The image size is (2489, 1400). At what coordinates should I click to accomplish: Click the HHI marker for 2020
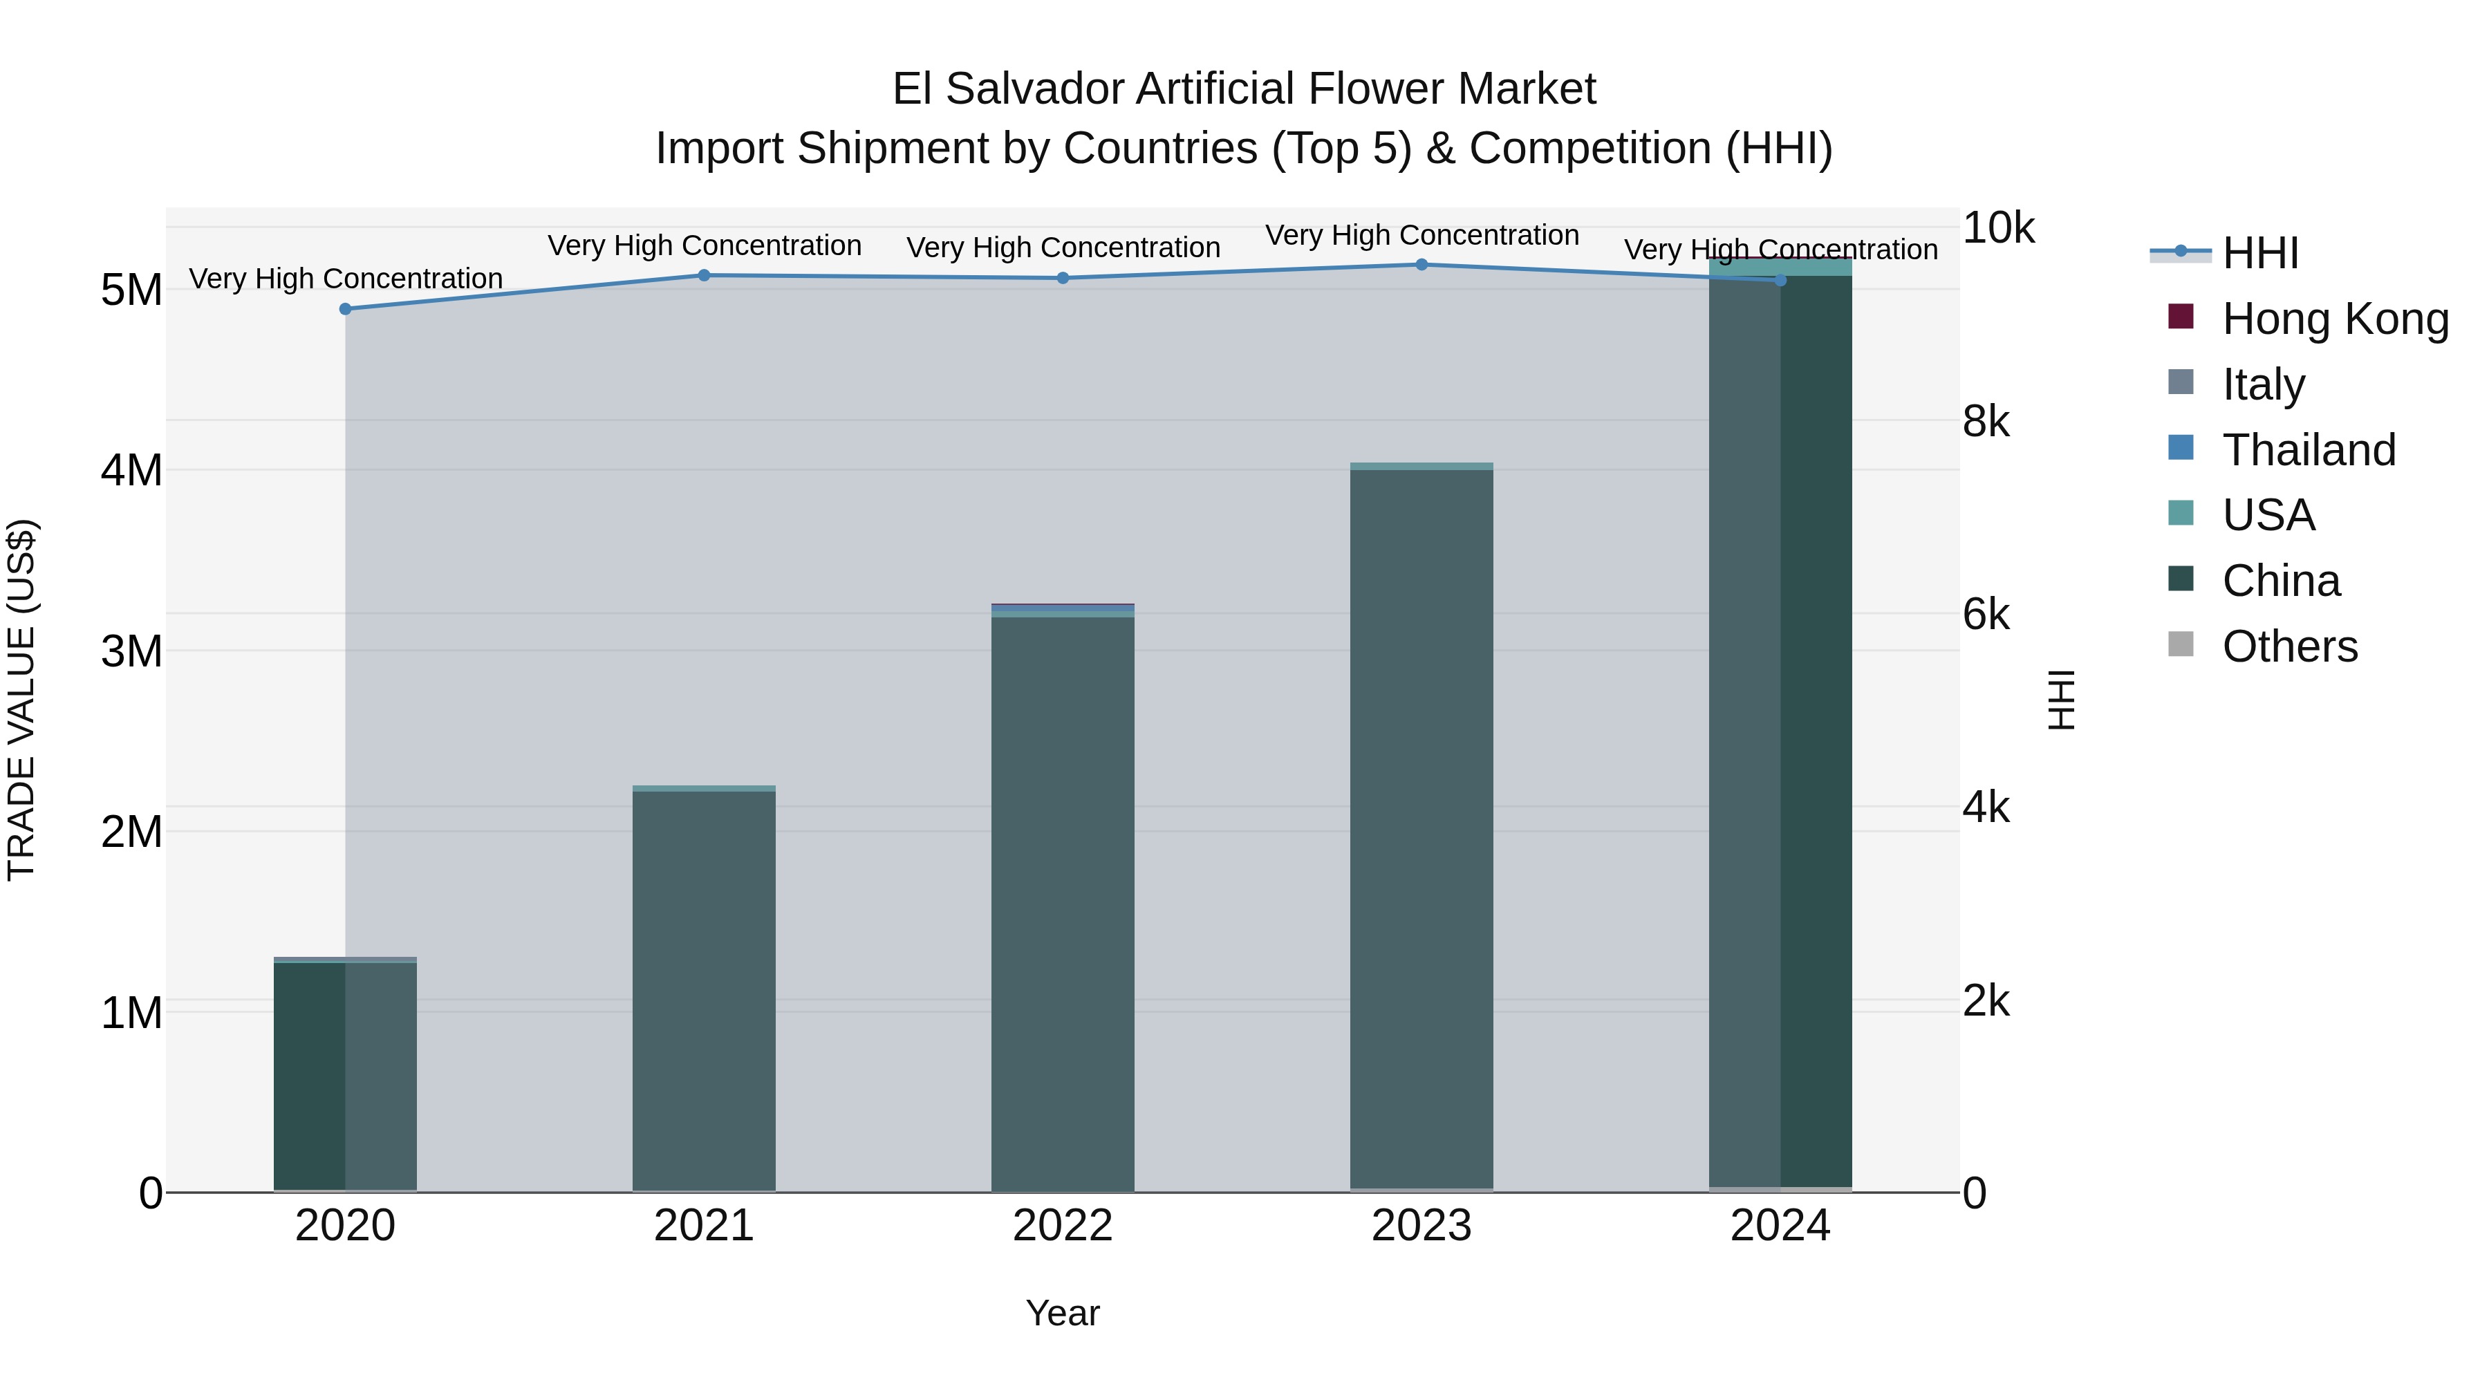pyautogui.click(x=345, y=309)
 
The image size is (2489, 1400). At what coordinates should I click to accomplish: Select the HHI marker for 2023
pyautogui.click(x=1421, y=265)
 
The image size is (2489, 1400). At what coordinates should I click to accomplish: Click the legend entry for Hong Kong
pyautogui.click(x=2336, y=319)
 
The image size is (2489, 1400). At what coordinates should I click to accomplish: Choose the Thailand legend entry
pyautogui.click(x=2309, y=450)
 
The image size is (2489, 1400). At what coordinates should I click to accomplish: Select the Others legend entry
pyautogui.click(x=2289, y=646)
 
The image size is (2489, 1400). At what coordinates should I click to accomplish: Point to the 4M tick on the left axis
pyautogui.click(x=131, y=471)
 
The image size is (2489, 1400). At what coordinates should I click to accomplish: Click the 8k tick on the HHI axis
pyautogui.click(x=1986, y=421)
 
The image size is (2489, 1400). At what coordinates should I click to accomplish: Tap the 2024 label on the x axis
pyautogui.click(x=1780, y=1226)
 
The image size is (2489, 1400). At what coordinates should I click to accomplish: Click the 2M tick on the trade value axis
pyautogui.click(x=131, y=832)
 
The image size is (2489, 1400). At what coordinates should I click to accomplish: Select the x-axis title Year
pyautogui.click(x=1063, y=1313)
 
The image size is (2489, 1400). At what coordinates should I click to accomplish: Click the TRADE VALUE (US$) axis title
pyautogui.click(x=21, y=700)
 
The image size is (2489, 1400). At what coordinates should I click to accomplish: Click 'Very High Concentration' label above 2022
pyautogui.click(x=1063, y=248)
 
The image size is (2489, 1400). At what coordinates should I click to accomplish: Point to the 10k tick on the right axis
pyautogui.click(x=1997, y=228)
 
